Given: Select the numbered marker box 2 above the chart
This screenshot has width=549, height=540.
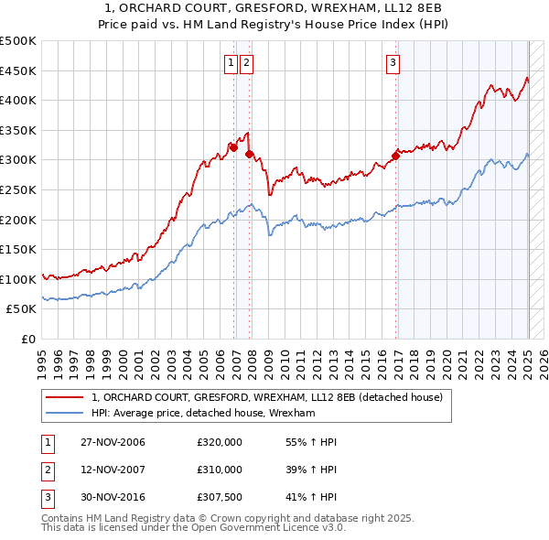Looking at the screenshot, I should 247,63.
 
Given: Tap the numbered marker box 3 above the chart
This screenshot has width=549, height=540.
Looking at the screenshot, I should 393,63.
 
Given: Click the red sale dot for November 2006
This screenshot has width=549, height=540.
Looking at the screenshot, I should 234,147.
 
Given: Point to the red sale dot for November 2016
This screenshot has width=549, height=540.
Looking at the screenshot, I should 396,156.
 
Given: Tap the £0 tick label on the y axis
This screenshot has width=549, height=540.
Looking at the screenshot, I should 27,339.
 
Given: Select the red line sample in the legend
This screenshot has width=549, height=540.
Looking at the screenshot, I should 65,398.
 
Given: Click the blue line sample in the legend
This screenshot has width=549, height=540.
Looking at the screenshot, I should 65,414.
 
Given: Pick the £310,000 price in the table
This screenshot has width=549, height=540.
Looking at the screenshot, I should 220,470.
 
